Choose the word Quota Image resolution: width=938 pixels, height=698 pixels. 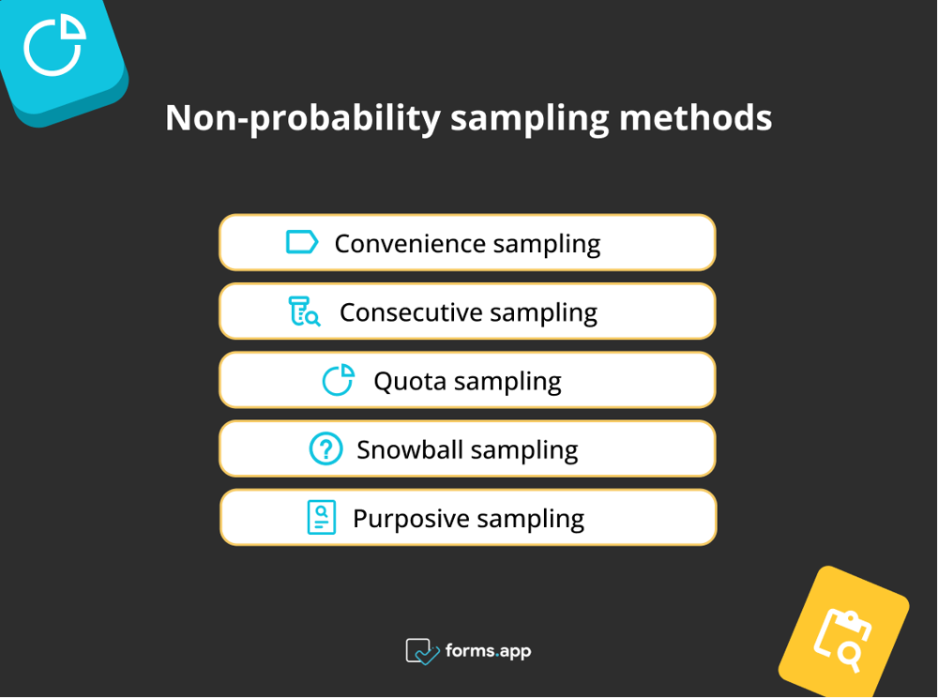point(409,382)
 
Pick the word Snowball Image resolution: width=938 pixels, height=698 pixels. point(410,450)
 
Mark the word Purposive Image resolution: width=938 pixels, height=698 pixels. point(410,519)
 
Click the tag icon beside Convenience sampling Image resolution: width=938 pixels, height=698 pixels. point(302,243)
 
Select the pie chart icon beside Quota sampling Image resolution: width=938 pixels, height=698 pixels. point(339,381)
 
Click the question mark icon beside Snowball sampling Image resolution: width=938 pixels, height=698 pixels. point(325,449)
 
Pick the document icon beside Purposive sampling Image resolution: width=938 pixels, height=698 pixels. point(322,518)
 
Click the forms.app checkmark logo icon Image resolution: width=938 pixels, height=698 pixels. point(422,651)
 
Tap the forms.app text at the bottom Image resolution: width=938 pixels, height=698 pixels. point(489,650)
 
